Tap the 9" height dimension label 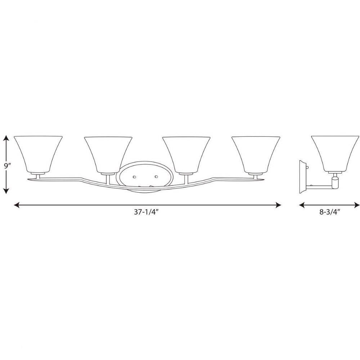click(7, 166)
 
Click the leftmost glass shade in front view click(38, 154)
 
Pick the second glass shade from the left click(108, 155)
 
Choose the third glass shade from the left click(186, 155)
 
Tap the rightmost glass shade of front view click(256, 155)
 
